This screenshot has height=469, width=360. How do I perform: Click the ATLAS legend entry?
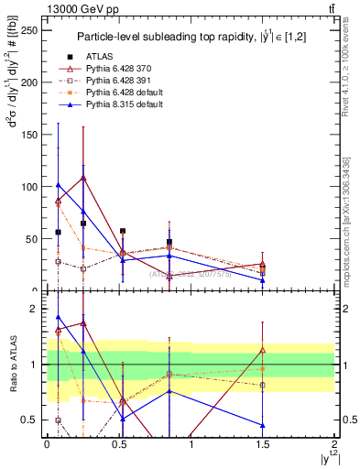(x=104, y=57)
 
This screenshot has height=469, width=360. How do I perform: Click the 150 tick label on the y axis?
(x=31, y=134)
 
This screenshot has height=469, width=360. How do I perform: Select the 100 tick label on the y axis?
(x=31, y=186)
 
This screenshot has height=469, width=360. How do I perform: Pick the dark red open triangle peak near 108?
(x=83, y=178)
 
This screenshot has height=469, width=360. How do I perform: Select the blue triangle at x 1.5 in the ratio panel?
(x=263, y=425)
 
